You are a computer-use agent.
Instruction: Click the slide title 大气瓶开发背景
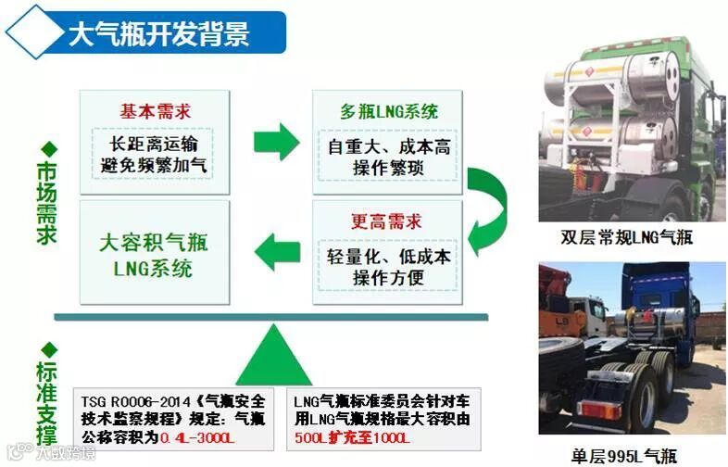[158, 33]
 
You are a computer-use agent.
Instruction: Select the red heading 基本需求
[154, 110]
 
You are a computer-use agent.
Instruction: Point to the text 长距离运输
[154, 144]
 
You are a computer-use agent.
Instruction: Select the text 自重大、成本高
[388, 146]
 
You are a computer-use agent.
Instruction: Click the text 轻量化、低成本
[389, 256]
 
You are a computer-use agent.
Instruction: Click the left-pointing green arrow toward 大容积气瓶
[276, 249]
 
